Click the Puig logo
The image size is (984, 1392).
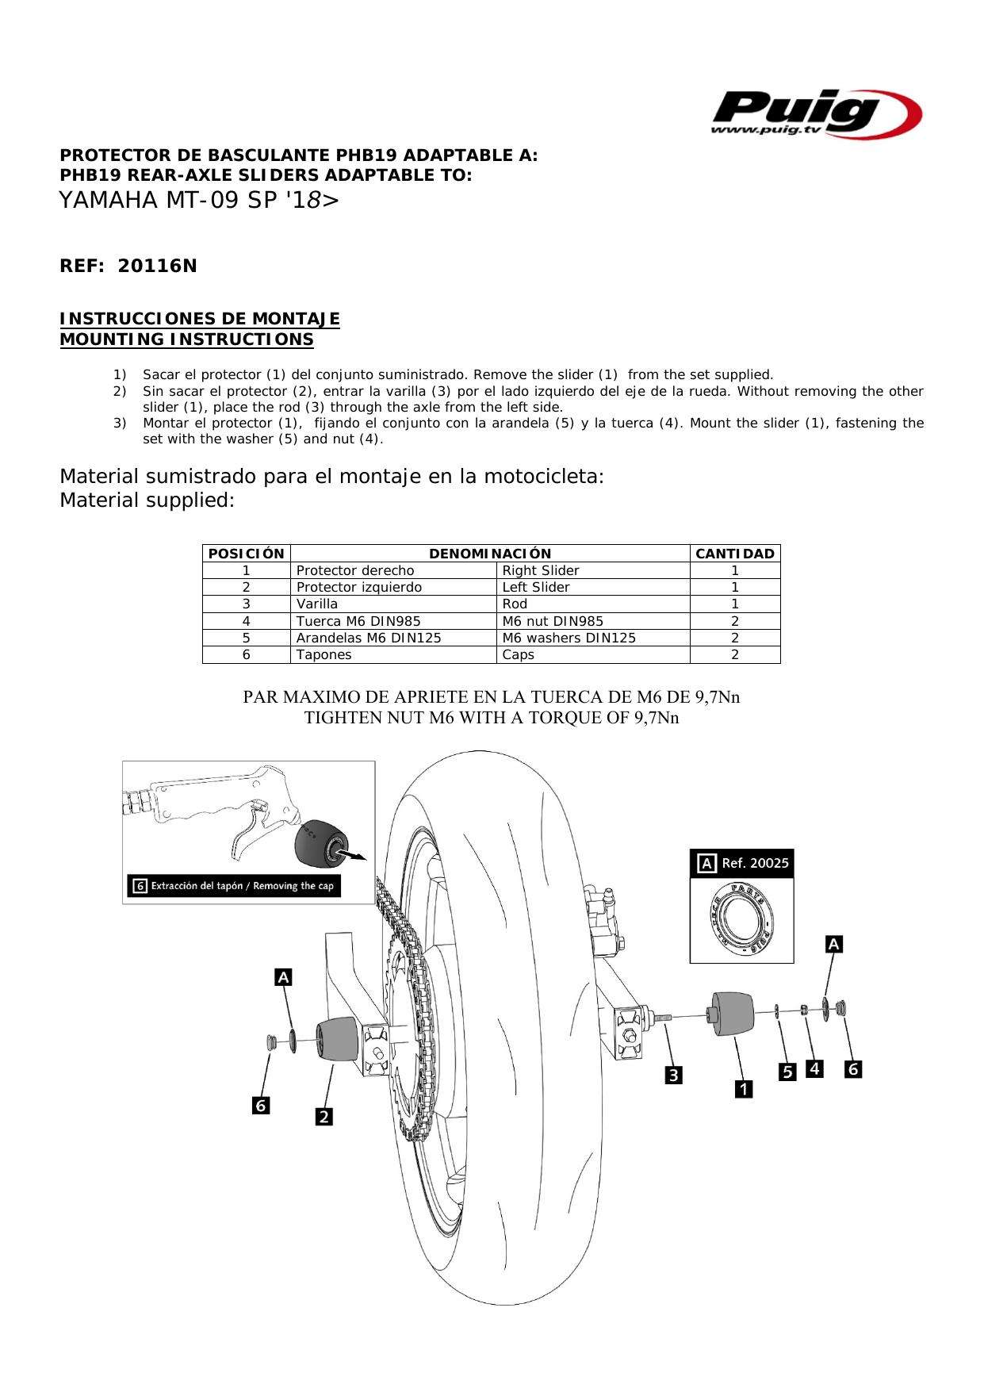tap(815, 113)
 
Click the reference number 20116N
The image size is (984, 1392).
tap(157, 267)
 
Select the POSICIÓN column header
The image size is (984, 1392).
tap(246, 554)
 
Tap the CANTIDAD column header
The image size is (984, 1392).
tap(734, 554)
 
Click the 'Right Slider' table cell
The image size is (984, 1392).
tap(541, 570)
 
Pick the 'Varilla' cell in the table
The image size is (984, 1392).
tap(317, 604)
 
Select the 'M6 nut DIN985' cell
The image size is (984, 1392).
tap(553, 621)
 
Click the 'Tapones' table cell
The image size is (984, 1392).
tap(324, 654)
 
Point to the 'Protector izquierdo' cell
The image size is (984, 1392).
tap(358, 587)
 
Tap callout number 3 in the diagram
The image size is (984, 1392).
tap(673, 1076)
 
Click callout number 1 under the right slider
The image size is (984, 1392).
tap(743, 1089)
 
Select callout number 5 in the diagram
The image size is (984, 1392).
tap(787, 1072)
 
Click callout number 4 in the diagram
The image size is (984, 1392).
tap(814, 1069)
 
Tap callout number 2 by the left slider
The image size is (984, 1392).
tap(324, 1117)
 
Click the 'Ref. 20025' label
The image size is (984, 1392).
tap(755, 863)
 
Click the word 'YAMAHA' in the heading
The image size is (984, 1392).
tap(109, 201)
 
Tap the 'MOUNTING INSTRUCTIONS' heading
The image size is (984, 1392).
tap(187, 339)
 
